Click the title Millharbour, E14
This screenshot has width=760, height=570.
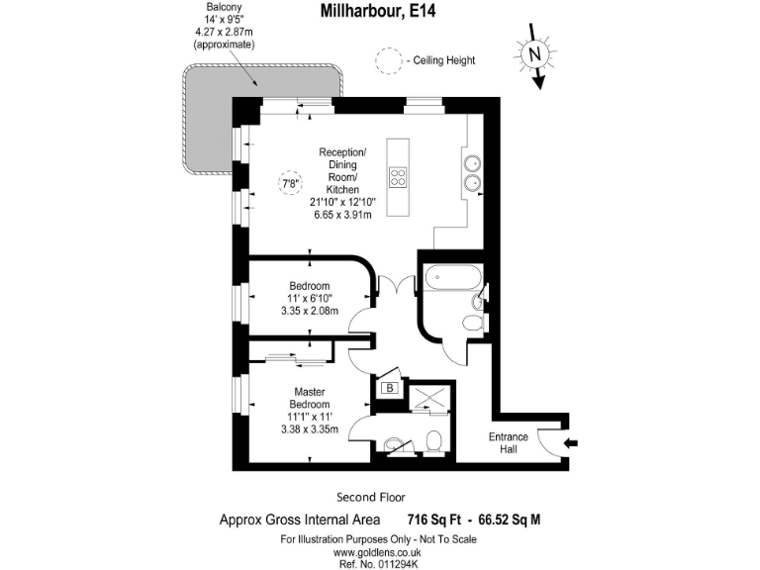(x=379, y=12)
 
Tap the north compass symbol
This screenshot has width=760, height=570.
(x=534, y=55)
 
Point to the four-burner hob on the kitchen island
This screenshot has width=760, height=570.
(x=399, y=178)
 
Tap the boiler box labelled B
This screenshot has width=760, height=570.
(x=390, y=388)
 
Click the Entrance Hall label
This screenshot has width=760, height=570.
(x=509, y=443)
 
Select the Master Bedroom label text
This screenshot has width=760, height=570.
(x=309, y=399)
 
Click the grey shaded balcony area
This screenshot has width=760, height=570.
(x=213, y=124)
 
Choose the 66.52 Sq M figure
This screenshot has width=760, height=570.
(x=509, y=520)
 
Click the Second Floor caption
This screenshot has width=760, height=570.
(x=371, y=497)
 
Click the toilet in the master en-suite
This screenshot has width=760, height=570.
(x=433, y=438)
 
